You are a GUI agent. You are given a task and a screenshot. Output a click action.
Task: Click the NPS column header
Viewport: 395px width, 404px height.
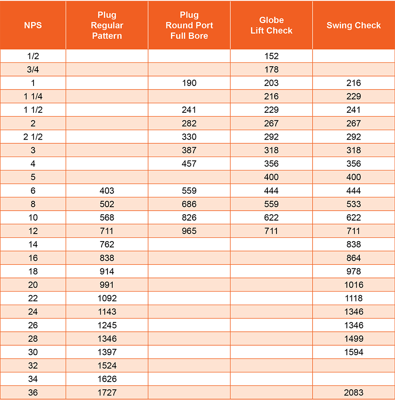pos(33,26)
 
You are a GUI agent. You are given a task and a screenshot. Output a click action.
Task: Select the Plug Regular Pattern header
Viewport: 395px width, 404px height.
pos(107,26)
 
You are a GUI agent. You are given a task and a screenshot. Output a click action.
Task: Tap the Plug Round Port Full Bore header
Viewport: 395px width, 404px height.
pos(189,26)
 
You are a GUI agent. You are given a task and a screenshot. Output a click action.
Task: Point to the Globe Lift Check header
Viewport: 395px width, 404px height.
pos(271,26)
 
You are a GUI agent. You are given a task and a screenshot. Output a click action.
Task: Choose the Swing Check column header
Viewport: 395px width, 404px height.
pos(354,26)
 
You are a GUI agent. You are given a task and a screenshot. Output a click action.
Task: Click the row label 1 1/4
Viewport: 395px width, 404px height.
pos(33,96)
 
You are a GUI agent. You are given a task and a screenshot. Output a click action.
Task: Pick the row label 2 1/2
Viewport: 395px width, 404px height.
pos(33,137)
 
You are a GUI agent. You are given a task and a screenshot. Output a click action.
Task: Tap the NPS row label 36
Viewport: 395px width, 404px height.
pos(33,393)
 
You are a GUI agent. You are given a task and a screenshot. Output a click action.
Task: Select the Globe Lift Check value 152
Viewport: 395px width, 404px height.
pos(271,56)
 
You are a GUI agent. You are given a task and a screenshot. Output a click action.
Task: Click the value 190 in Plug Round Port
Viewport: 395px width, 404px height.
pos(189,83)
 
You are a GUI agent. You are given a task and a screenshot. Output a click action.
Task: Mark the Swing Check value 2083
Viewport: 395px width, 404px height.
pos(354,393)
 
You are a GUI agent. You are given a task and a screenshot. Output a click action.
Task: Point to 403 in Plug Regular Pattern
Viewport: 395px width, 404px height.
pos(107,191)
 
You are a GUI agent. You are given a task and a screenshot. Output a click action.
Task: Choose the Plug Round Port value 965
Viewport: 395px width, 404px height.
pos(189,231)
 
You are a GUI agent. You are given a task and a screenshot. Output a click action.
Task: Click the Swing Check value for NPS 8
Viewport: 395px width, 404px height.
pos(354,204)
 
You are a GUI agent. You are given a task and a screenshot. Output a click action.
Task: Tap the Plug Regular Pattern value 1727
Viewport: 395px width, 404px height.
pos(107,393)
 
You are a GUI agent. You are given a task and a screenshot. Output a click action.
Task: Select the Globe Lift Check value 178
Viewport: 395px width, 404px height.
pos(271,69)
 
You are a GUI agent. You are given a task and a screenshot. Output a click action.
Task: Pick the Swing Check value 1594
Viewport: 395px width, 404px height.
pos(354,352)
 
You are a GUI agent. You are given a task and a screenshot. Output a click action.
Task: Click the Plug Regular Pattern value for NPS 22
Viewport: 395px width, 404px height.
pos(107,298)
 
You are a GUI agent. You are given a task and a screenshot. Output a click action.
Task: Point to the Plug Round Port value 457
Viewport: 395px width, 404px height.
pos(189,164)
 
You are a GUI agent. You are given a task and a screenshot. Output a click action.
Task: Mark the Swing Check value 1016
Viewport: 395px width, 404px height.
pos(354,285)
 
